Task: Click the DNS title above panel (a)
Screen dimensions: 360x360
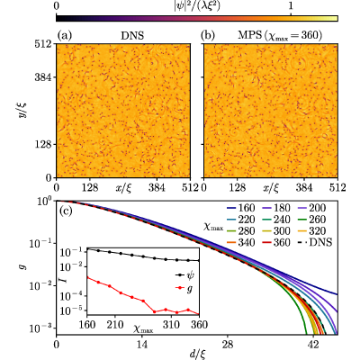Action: click(132, 36)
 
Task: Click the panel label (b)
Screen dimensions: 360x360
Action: click(208, 36)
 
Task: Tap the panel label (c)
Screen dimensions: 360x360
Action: click(66, 211)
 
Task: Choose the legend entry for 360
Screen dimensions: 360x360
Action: click(275, 242)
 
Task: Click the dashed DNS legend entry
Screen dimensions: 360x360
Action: click(314, 242)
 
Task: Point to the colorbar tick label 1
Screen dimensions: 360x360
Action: click(291, 5)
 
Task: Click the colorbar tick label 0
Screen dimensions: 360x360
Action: click(57, 5)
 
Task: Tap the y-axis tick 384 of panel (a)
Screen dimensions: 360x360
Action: click(44, 77)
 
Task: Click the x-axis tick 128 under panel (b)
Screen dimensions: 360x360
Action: click(238, 188)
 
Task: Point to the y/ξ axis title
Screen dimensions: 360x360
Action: click(22, 111)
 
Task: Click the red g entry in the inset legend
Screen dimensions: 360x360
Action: click(184, 289)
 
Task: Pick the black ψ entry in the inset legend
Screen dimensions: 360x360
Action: click(184, 274)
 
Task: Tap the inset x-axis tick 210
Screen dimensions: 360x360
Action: click(115, 325)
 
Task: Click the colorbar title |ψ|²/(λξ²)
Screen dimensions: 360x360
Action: click(197, 5)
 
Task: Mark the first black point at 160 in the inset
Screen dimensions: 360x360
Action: click(87, 248)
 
